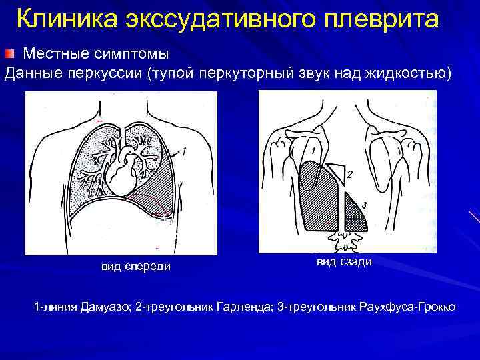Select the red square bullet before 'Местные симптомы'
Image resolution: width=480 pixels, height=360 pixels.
[10, 53]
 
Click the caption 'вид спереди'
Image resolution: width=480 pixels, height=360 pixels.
[135, 267]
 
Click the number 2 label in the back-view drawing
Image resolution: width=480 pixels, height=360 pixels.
[349, 175]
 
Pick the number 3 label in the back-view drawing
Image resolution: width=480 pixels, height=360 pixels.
[364, 205]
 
